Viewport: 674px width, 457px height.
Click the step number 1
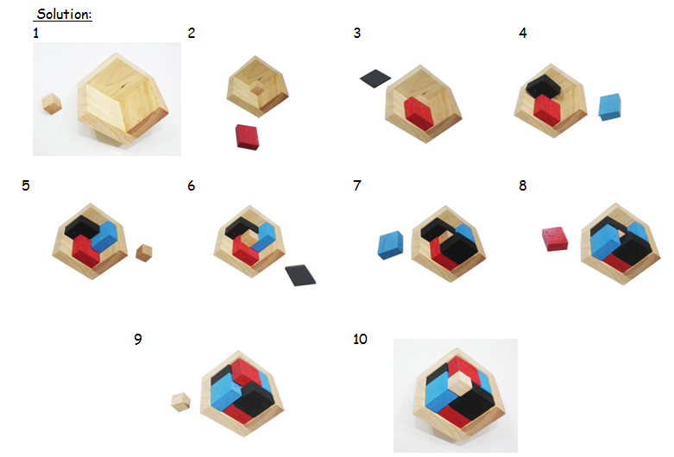tap(35, 34)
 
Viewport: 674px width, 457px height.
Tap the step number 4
tap(523, 34)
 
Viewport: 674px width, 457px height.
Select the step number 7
tap(357, 185)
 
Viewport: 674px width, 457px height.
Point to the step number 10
tap(360, 339)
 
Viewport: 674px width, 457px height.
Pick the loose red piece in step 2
tap(248, 137)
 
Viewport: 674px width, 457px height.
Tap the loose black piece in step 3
tap(375, 79)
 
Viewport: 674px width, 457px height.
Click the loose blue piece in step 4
tap(612, 106)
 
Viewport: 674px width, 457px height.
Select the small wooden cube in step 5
tap(144, 253)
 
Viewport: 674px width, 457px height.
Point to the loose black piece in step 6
tap(302, 275)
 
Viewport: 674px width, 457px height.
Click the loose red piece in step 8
tap(555, 239)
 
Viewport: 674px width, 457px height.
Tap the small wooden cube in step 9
tap(180, 402)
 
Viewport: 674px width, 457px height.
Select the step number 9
tap(138, 339)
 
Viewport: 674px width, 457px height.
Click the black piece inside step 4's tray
tap(545, 87)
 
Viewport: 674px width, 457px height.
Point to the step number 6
tap(191, 185)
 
